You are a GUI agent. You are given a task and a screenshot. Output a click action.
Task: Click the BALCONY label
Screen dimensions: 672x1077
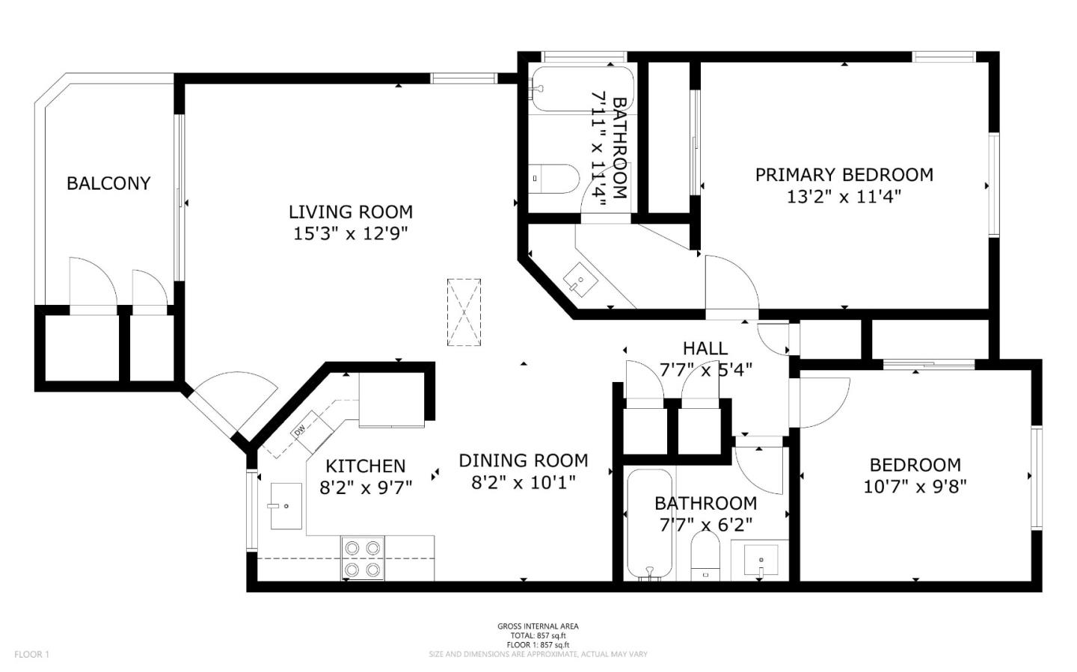click(x=108, y=183)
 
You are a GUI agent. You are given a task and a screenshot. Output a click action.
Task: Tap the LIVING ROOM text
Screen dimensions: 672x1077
click(x=351, y=212)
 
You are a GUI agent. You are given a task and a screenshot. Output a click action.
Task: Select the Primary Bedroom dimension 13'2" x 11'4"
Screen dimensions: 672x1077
click(x=844, y=197)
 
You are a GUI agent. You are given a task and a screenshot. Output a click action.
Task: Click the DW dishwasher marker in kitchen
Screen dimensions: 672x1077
click(x=300, y=431)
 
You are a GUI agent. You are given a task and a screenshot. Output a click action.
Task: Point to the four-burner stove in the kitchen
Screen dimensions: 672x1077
click(x=362, y=558)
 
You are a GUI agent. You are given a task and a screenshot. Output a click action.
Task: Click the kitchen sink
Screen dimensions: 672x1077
click(x=286, y=506)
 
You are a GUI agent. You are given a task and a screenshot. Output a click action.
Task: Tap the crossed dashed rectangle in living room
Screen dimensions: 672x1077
click(x=464, y=312)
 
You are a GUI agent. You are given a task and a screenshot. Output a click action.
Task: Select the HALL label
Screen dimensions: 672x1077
click(x=705, y=348)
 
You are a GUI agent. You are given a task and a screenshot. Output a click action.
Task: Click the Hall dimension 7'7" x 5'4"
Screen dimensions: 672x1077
click(x=705, y=369)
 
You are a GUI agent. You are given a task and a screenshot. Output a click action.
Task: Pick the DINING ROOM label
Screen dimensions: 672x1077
click(x=523, y=460)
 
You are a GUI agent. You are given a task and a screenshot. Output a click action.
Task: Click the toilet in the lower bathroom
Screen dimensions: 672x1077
click(x=705, y=557)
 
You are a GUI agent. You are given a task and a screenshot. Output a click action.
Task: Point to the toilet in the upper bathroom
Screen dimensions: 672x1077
click(x=553, y=179)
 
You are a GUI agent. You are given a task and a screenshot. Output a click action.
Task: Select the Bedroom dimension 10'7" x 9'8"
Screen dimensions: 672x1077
click(x=915, y=487)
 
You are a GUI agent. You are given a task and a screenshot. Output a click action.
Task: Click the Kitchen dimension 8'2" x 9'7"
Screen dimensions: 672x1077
click(x=366, y=488)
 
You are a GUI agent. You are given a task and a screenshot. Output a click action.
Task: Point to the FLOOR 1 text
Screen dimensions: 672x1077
click(x=31, y=654)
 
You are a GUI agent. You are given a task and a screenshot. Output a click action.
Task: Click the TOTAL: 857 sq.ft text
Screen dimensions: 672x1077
click(x=538, y=635)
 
